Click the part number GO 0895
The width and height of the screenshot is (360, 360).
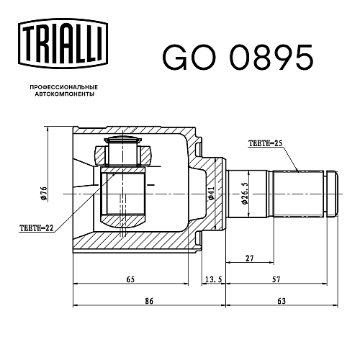[238, 58]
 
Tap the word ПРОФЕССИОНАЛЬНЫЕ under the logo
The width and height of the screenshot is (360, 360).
[64, 87]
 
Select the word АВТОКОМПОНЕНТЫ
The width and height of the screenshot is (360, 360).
[64, 94]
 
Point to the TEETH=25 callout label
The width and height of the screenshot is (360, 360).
[266, 143]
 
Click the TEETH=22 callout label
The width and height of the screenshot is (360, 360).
[36, 228]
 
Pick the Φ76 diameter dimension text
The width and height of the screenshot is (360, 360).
[43, 193]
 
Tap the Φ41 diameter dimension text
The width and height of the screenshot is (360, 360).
[211, 193]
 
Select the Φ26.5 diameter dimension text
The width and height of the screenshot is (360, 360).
[245, 193]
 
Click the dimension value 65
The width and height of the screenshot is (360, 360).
[130, 279]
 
